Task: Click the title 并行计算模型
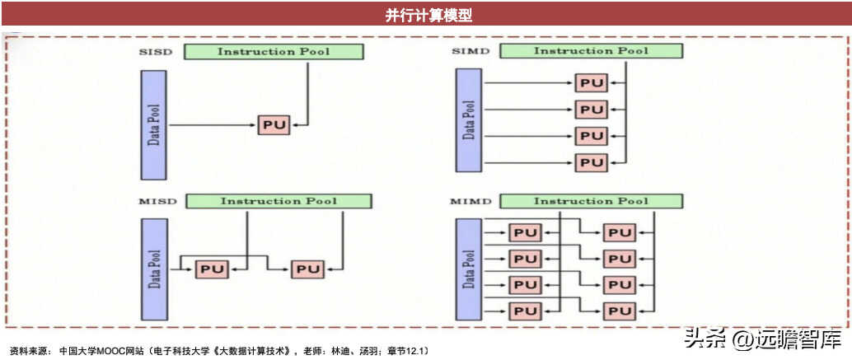[428, 15]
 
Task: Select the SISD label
[155, 52]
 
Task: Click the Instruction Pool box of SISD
[274, 52]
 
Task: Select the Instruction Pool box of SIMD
[591, 50]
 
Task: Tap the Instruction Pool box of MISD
[279, 201]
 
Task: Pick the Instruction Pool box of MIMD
[591, 201]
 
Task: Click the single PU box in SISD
[274, 125]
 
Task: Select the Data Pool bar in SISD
[153, 125]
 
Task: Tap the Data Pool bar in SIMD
[468, 120]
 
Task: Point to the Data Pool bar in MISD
[154, 269]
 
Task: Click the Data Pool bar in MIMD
[468, 269]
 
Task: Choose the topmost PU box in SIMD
[592, 83]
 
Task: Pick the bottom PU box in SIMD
[592, 161]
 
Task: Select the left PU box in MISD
[213, 269]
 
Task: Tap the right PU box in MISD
[307, 269]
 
